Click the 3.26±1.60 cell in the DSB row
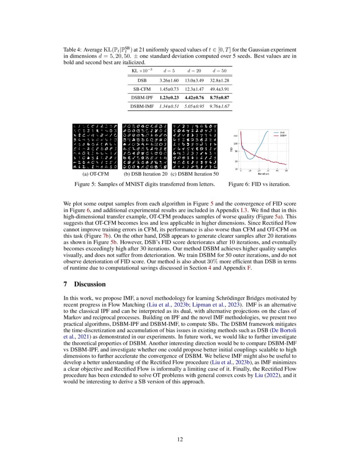coord(169,80)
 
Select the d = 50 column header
coord(220,70)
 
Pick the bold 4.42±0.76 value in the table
coord(194,98)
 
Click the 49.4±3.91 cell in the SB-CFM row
coord(220,89)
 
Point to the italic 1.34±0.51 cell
coord(169,107)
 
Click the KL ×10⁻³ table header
coord(142,70)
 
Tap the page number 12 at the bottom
coord(180,439)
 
